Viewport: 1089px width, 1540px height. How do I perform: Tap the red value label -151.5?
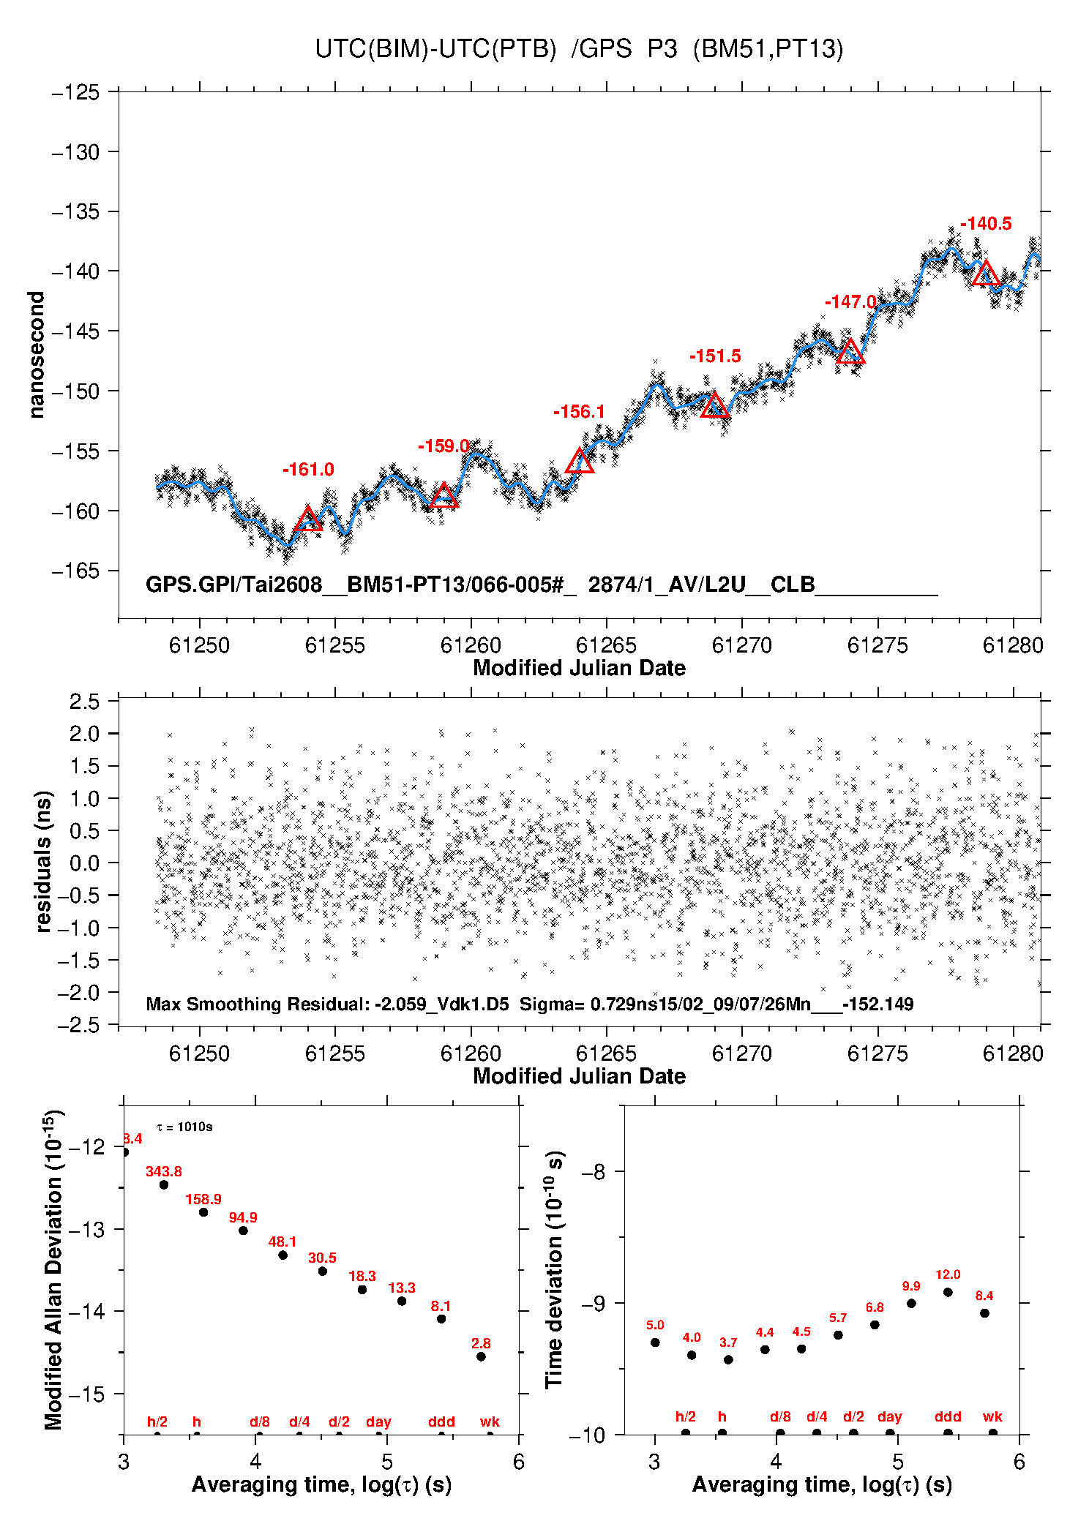tap(715, 356)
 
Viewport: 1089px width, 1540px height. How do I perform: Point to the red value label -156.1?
tap(579, 412)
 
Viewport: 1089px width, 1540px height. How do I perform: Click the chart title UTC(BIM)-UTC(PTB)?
tap(435, 49)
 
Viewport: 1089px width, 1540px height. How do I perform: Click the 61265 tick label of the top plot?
tap(606, 645)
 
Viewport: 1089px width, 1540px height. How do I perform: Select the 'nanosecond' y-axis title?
tap(37, 355)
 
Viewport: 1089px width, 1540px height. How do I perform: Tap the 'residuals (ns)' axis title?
tap(43, 861)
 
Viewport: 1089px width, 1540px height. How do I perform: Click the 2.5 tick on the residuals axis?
tap(84, 702)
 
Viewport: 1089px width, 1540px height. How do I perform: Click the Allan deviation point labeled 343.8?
tap(164, 1184)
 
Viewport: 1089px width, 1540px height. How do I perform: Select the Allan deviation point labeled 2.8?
tap(481, 1356)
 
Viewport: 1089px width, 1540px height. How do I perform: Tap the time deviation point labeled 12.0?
tap(948, 1292)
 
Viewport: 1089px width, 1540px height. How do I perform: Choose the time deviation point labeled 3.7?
tap(728, 1359)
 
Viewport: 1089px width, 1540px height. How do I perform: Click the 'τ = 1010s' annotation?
tap(184, 1127)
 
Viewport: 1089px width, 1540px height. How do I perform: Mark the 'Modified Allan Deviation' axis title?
tap(53, 1269)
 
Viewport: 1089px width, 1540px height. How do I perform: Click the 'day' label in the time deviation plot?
tap(890, 1417)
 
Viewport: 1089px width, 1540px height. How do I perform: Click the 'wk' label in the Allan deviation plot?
tap(490, 1421)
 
